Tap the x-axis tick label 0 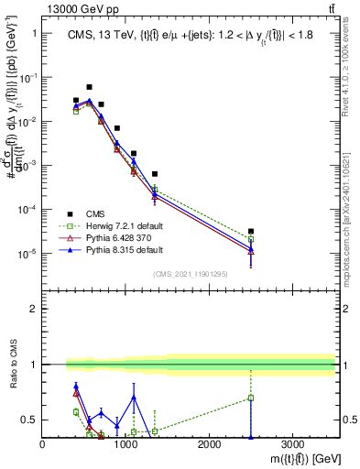tap(43, 443)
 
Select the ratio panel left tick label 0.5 tap(30, 420)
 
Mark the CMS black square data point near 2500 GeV tap(251, 232)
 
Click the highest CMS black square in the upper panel tap(89, 87)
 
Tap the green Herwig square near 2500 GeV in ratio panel tap(251, 398)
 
